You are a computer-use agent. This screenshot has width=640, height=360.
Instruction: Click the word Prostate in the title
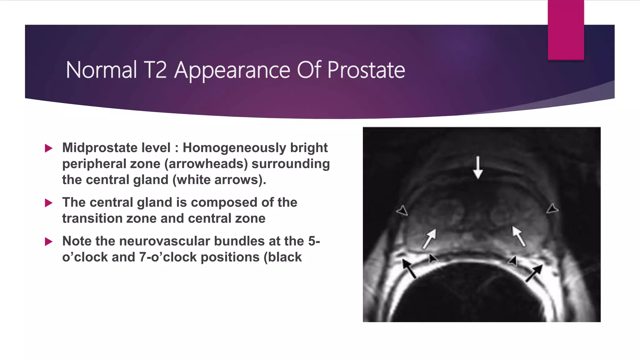coord(366,70)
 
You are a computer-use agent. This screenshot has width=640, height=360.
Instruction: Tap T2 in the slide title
coord(155,70)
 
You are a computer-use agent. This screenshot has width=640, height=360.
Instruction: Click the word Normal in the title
coord(101,70)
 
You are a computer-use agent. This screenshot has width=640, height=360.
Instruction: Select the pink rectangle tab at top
coord(566,30)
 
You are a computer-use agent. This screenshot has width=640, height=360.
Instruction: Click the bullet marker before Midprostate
coord(48,148)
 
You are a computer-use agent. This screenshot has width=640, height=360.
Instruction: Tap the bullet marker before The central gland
coord(48,203)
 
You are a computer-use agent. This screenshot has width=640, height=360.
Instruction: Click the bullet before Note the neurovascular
coord(48,242)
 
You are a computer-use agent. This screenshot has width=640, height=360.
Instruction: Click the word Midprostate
coord(116,148)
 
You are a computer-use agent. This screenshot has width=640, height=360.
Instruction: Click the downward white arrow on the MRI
coord(478,167)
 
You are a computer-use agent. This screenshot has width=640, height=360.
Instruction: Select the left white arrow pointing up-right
coord(429,239)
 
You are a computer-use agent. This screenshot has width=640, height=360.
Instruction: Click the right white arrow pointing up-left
coord(518,236)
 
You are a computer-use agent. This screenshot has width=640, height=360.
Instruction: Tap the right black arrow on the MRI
coord(534,273)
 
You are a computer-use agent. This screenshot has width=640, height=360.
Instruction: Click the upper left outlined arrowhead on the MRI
coord(402,211)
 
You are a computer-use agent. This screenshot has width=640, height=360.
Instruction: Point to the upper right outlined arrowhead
coord(552,208)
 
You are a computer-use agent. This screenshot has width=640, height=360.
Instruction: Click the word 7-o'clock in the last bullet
coord(168,257)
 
